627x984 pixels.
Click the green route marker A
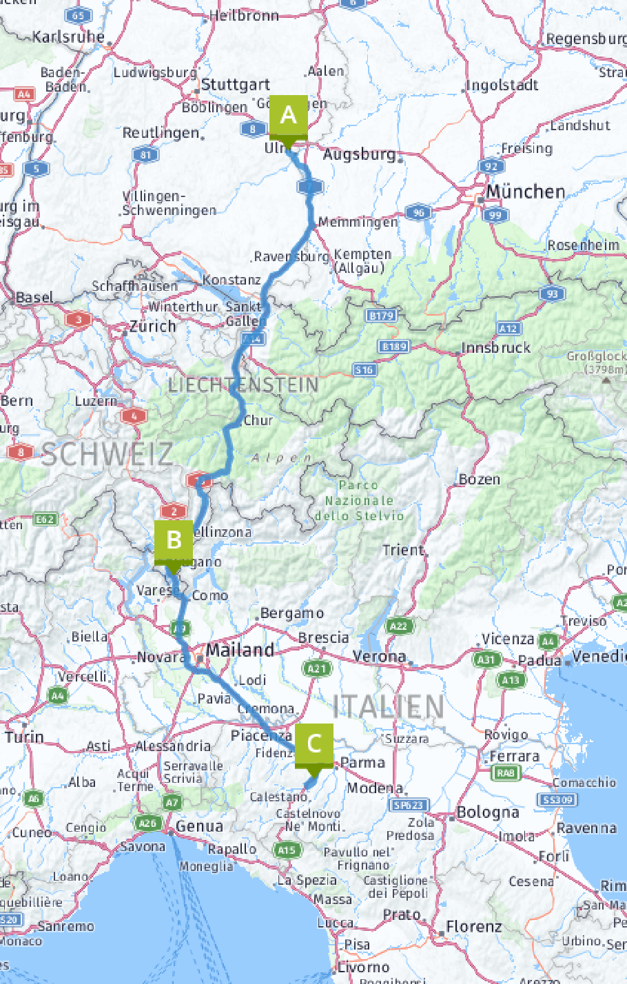coord(289,115)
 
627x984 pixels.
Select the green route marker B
coord(174,540)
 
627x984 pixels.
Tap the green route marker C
coord(313,744)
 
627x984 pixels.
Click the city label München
coord(525,192)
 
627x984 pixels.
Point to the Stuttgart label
coord(236,85)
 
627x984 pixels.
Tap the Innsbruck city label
coord(496,348)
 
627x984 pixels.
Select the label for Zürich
coord(153,326)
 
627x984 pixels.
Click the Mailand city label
coord(240,650)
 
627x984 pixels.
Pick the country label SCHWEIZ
coord(107,454)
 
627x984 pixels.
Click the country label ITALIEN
coord(389,706)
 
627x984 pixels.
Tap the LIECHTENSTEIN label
coord(243,385)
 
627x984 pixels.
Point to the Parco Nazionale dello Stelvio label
coord(359,501)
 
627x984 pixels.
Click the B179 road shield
coord(381,316)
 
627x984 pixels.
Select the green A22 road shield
coord(398,626)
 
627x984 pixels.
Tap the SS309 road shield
coord(557,799)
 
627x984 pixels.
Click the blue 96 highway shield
coord(418,212)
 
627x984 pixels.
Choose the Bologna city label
coord(488,812)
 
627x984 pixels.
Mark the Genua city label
coord(199,826)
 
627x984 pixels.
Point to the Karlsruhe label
coord(69,37)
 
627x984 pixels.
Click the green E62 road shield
coord(45,519)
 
